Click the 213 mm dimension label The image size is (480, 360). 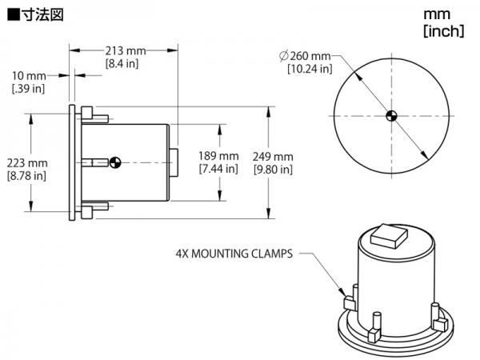pyautogui.click(x=126, y=51)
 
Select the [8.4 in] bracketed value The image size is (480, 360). pyautogui.click(x=122, y=64)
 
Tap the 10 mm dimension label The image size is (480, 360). pyautogui.click(x=29, y=76)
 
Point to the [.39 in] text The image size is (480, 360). pyautogui.click(x=28, y=89)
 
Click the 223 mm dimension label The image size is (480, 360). pyautogui.click(x=27, y=163)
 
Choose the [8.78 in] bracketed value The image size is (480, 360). pyautogui.click(x=26, y=176)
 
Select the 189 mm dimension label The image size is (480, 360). pyautogui.click(x=218, y=156)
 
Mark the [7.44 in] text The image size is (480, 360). pyautogui.click(x=218, y=169)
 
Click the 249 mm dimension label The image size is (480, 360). pyautogui.click(x=273, y=157)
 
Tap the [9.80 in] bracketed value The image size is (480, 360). pyautogui.click(x=273, y=170)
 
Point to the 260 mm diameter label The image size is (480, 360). pyautogui.click(x=310, y=56)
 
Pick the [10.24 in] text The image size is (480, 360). pyautogui.click(x=310, y=69)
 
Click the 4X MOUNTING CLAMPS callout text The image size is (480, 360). pyautogui.click(x=234, y=254)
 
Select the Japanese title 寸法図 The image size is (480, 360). pyautogui.click(x=42, y=14)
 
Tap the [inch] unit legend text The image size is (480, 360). pyautogui.click(x=444, y=31)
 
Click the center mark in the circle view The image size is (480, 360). pyautogui.click(x=391, y=116)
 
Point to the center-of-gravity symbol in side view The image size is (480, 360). pyautogui.click(x=115, y=162)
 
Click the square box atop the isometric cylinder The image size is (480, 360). pyautogui.click(x=389, y=236)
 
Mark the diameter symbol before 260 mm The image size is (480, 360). pyautogui.click(x=284, y=56)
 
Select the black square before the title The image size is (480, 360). pyautogui.click(x=14, y=15)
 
